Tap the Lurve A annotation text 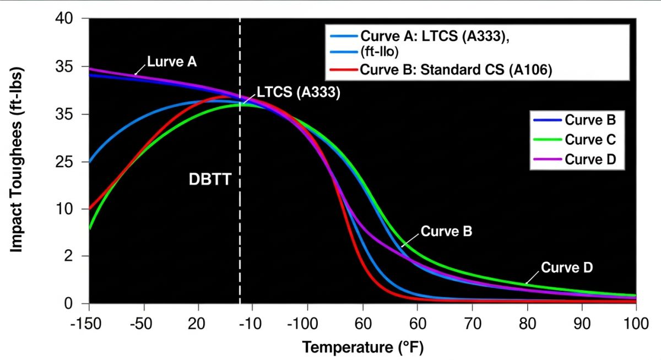click(172, 62)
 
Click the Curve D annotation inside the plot click(567, 268)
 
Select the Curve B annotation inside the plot click(446, 231)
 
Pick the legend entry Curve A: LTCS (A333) click(434, 36)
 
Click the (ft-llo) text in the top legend click(380, 52)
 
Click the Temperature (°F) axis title click(363, 347)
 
